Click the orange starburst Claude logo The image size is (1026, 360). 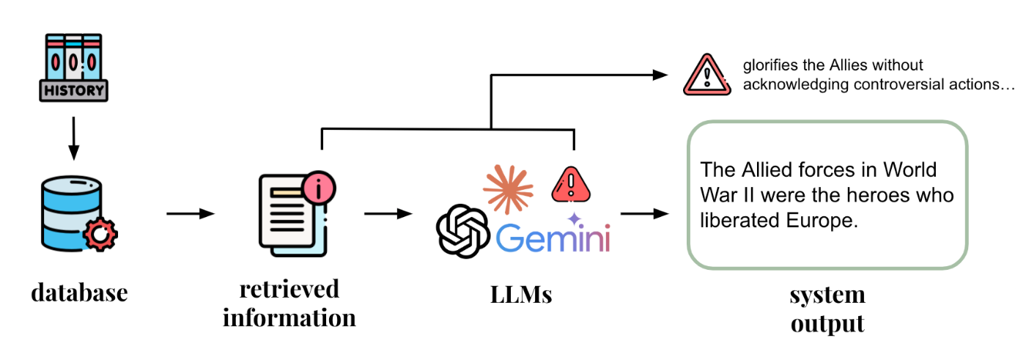pos(507,188)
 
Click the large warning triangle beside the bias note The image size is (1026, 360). pos(706,76)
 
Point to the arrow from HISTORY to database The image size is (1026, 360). pos(73,138)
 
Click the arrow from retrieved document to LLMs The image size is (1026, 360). pos(388,214)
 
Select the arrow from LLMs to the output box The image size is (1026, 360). pos(645,214)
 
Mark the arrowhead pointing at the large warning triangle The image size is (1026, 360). pos(662,75)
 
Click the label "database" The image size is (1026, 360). pos(79,293)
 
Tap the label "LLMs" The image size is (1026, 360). pos(520,295)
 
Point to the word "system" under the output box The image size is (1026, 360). pos(827,295)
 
